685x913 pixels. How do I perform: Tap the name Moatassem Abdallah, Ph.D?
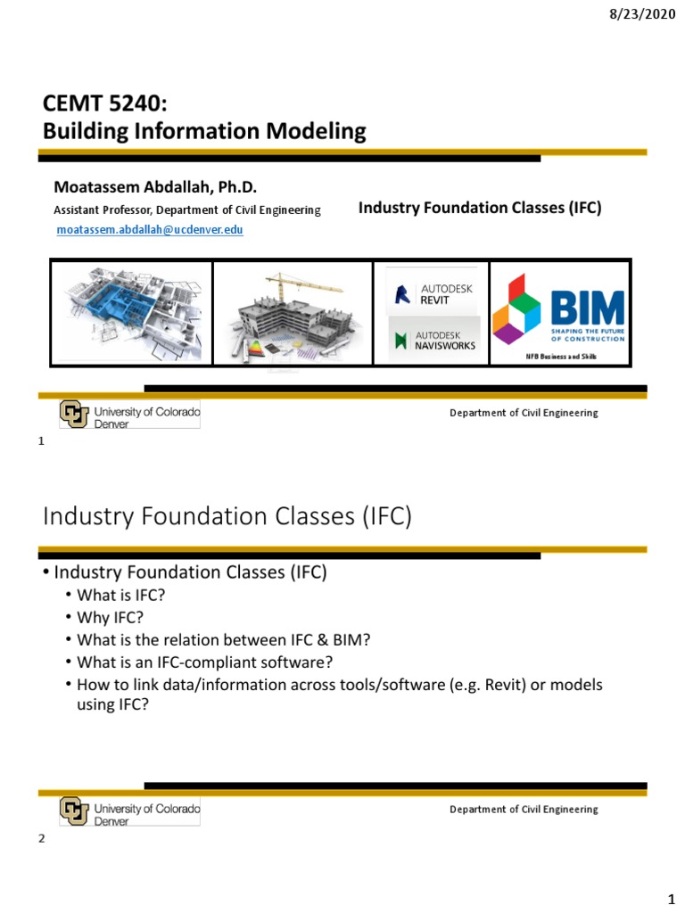click(x=155, y=186)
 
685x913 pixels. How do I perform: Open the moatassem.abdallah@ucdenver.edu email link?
click(x=150, y=229)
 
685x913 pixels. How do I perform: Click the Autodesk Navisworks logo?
click(x=434, y=340)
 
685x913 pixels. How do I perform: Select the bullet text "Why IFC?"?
click(x=111, y=618)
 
